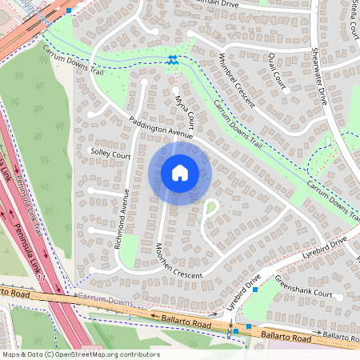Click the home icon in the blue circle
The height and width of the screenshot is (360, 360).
tap(180, 172)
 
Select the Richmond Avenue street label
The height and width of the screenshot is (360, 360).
tap(122, 219)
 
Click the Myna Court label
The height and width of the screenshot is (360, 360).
tap(185, 110)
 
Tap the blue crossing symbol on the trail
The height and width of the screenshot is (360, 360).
tap(173, 58)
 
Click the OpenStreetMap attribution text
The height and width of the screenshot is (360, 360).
tap(81, 354)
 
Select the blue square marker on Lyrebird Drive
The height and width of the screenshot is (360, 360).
tap(255, 290)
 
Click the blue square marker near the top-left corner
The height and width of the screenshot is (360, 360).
tap(70, 11)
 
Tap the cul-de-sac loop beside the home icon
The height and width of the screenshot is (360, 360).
tap(211, 207)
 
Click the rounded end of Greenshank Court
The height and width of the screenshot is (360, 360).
tap(339, 296)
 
